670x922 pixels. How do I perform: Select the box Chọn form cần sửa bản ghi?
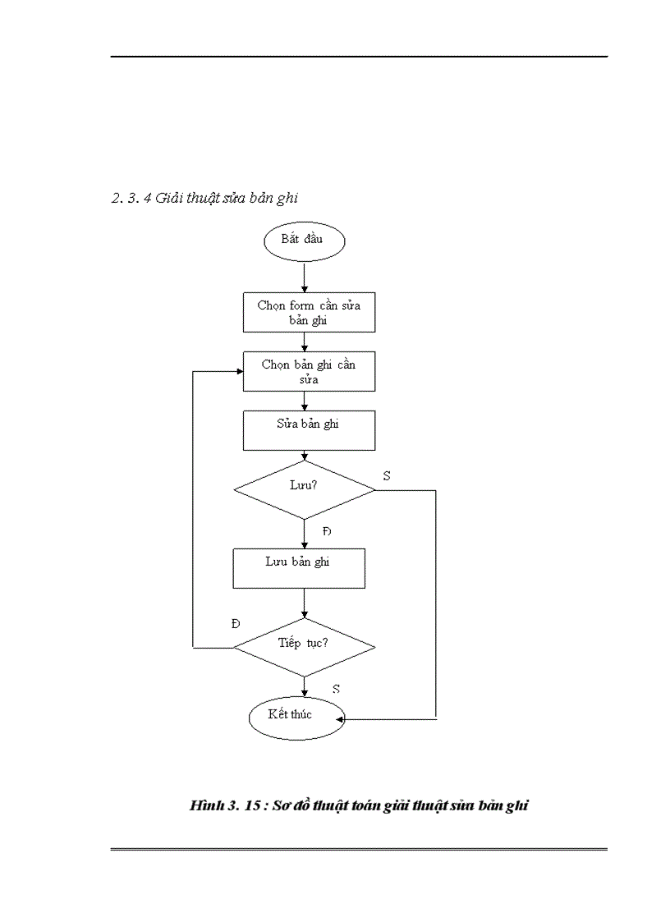click(x=309, y=313)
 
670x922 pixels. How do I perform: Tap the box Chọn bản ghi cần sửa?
click(x=309, y=372)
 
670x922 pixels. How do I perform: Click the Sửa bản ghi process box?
click(x=309, y=430)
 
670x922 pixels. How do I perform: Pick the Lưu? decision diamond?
click(x=304, y=490)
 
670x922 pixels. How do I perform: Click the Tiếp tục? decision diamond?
click(x=304, y=647)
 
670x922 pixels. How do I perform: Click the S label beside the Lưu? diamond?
click(x=386, y=475)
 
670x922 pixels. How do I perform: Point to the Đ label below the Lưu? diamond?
click(x=327, y=532)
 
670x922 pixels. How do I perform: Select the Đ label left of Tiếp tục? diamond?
click(x=236, y=623)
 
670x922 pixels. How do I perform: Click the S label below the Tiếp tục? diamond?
click(x=337, y=688)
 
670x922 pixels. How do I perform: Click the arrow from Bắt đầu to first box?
click(x=305, y=277)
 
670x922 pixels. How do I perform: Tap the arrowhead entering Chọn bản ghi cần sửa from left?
click(x=239, y=372)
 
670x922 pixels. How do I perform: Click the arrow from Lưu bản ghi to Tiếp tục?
click(x=305, y=603)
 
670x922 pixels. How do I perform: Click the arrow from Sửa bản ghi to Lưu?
click(x=305, y=456)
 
